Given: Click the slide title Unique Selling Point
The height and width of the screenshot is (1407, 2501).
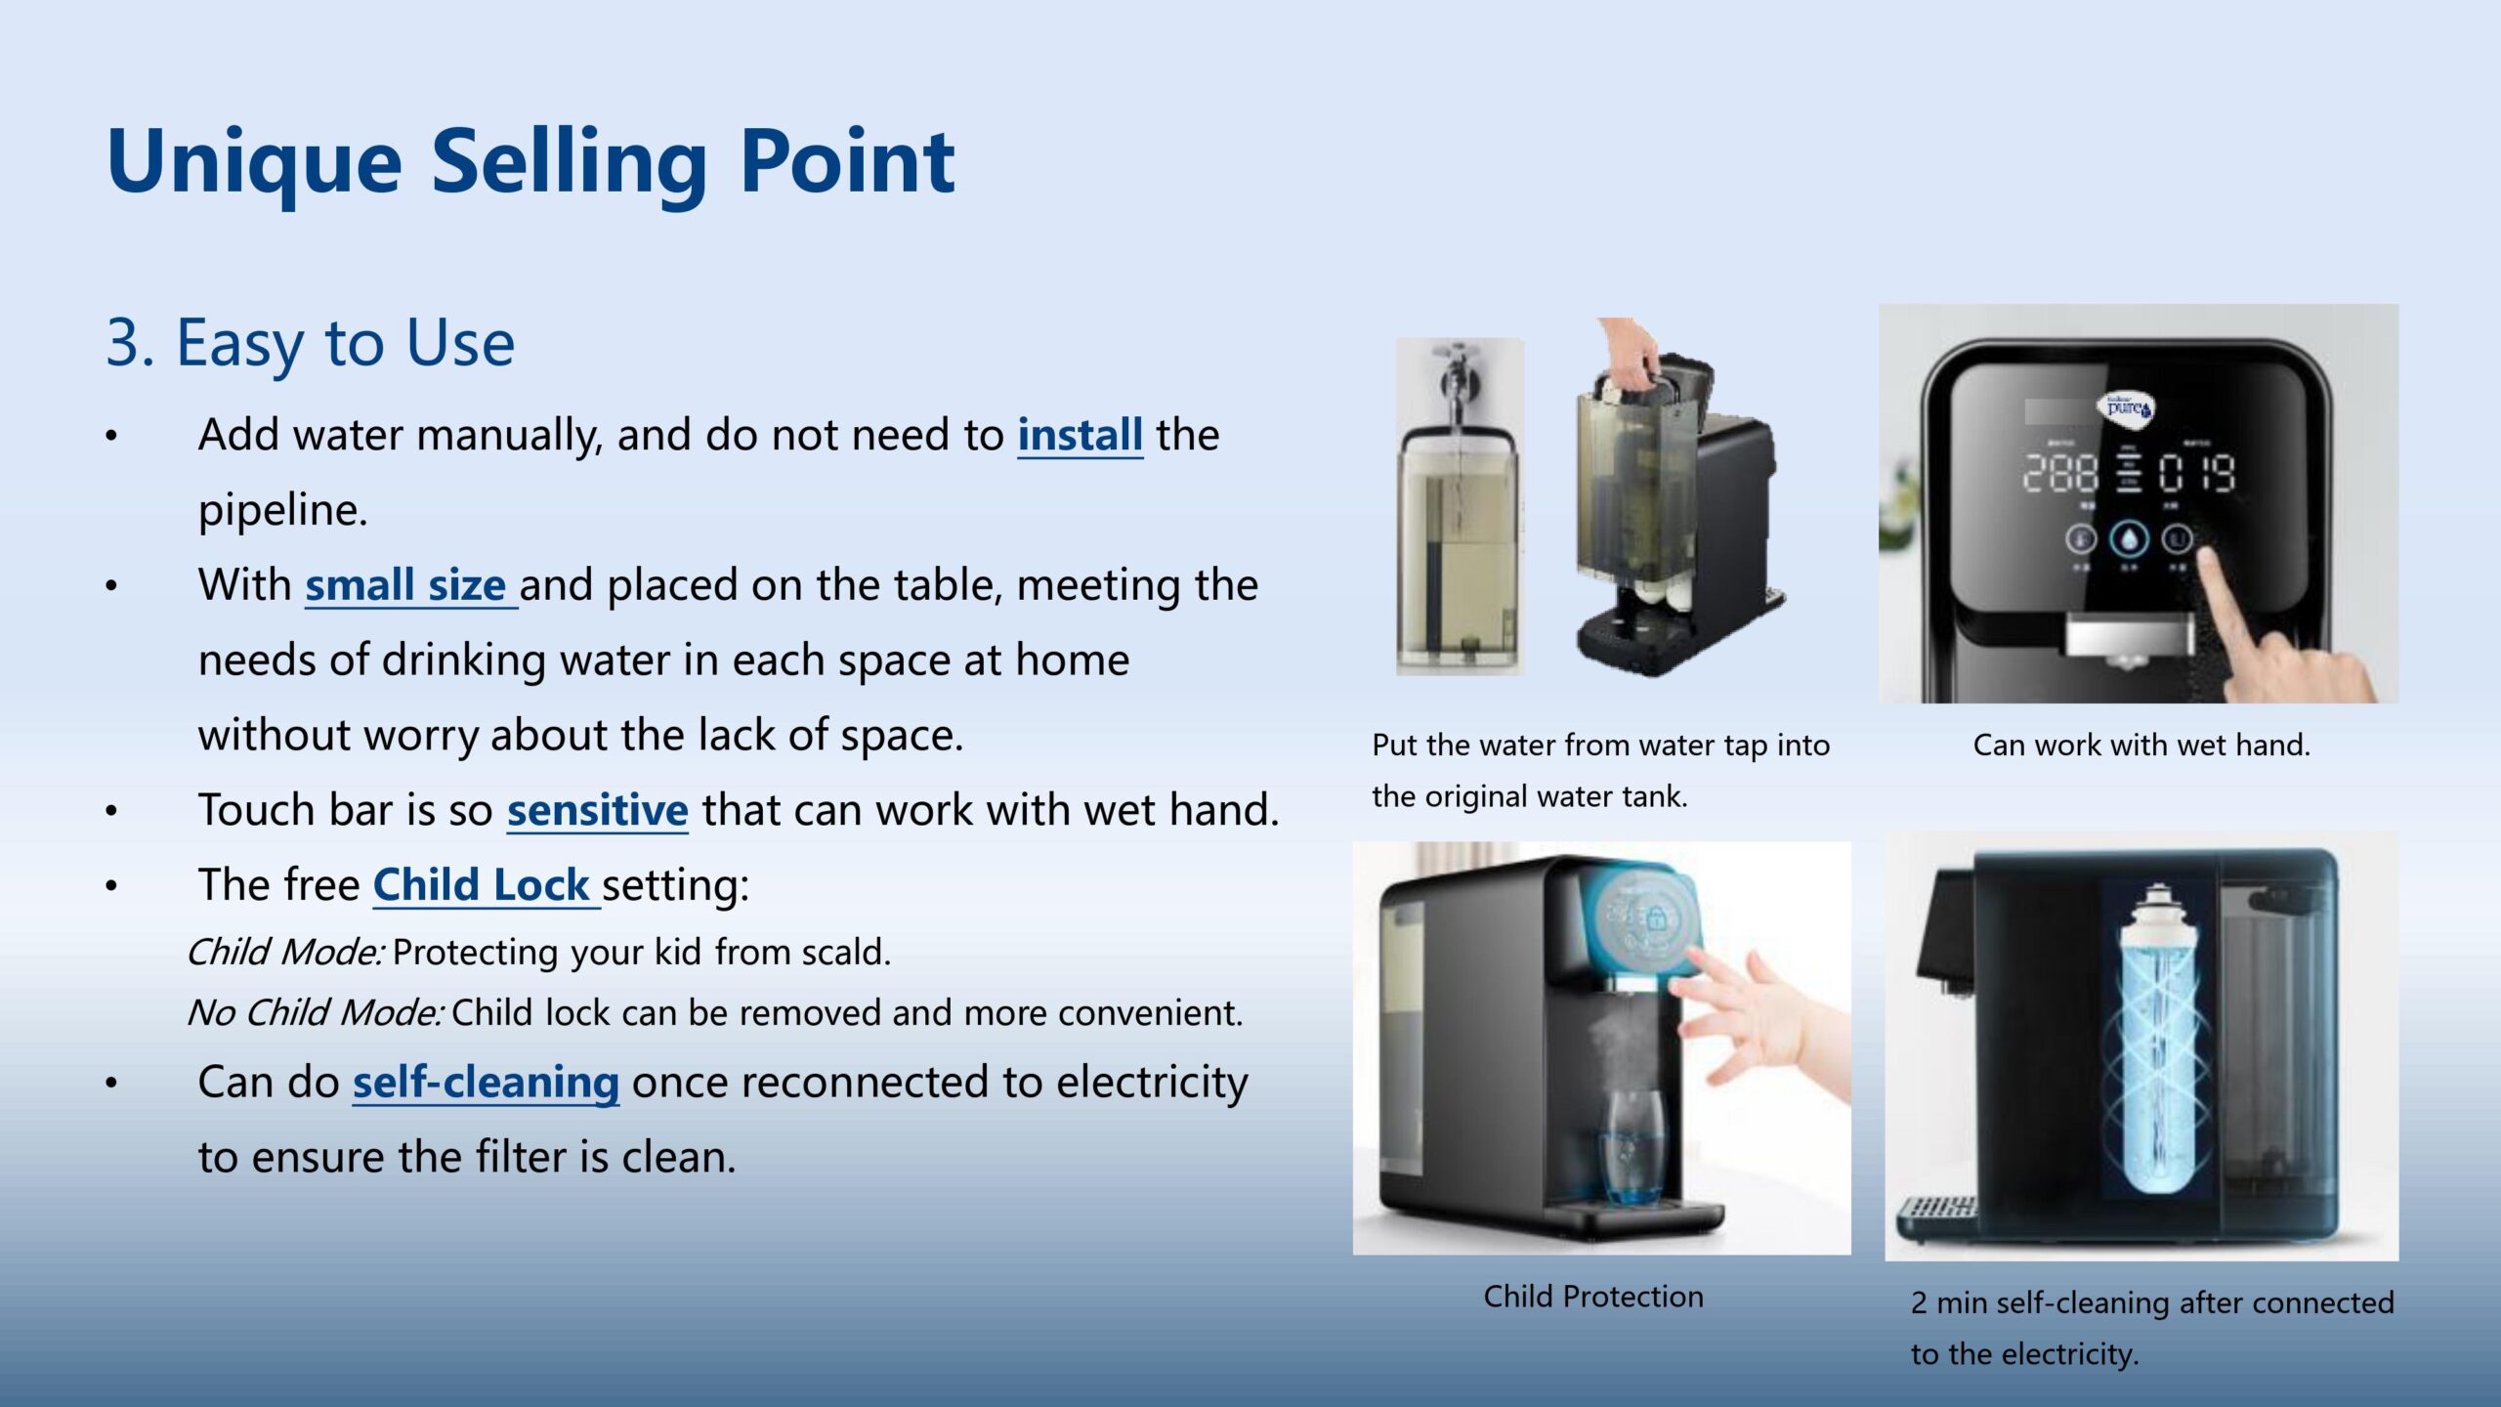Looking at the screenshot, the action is pos(530,163).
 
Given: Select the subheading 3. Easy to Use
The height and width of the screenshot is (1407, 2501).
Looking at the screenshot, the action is pos(310,343).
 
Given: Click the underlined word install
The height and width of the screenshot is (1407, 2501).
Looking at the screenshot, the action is pos(1080,434).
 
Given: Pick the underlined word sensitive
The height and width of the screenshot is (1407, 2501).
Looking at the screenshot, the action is pos(597,809).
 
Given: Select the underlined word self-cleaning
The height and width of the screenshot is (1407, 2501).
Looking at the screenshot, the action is pos(486,1082).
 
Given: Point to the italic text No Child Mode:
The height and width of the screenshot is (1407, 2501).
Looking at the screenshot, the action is pos(316,1012).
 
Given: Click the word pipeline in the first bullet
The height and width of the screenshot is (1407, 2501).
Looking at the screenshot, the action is pos(282,510).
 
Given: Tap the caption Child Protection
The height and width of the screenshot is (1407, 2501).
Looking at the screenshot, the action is pos(1593,1297).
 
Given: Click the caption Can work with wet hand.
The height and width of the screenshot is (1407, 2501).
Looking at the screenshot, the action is pos(2141,745).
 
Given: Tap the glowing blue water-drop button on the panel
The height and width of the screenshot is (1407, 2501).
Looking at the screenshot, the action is pos(2129,538).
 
